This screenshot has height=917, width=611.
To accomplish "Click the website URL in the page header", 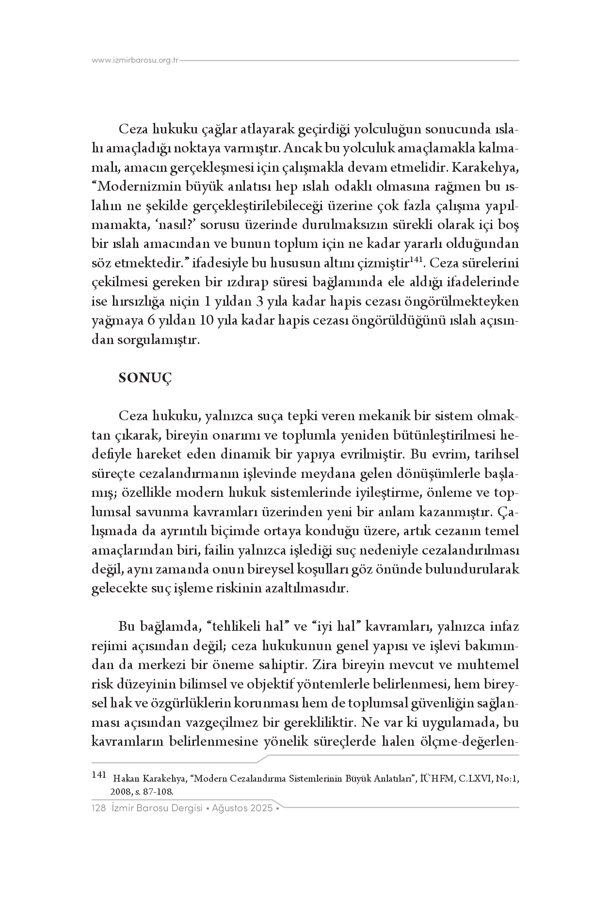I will pos(135,61).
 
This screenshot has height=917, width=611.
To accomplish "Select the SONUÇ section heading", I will pos(145,378).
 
